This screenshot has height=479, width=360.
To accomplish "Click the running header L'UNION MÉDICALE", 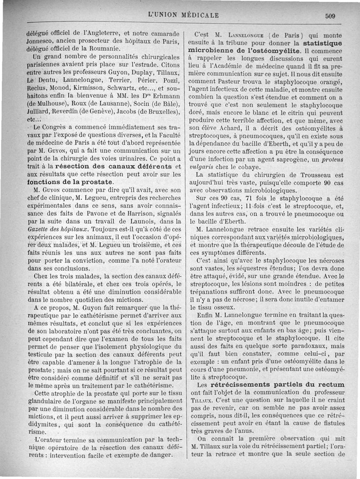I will pyautogui.click(x=183, y=15).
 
